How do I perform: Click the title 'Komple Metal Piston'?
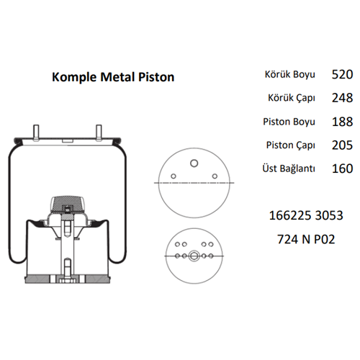(113, 77)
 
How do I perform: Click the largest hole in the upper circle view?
(192, 163)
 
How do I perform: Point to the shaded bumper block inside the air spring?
(66, 202)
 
